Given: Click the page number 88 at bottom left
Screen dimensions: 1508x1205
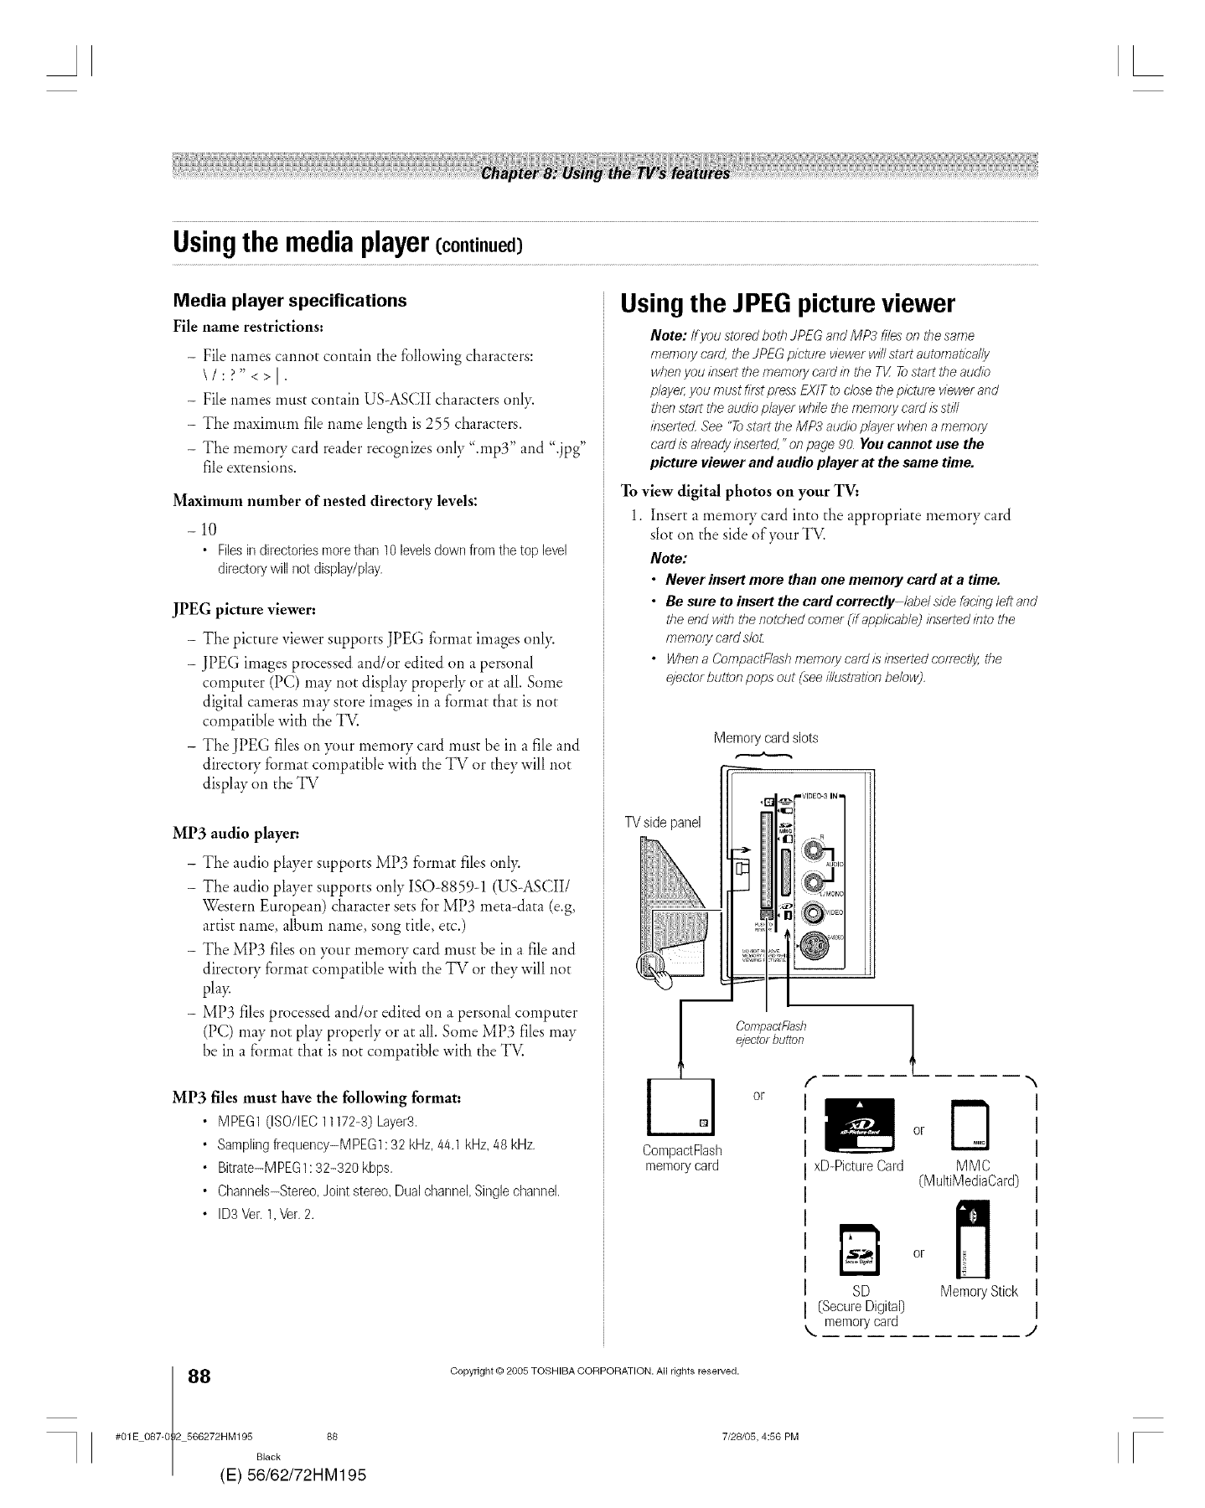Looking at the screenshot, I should tap(199, 1376).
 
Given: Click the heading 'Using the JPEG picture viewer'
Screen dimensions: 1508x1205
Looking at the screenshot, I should tap(787, 302).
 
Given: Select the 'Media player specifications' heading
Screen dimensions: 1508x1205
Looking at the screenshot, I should tap(289, 300).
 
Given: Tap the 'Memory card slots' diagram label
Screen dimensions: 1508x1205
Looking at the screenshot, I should tap(765, 738).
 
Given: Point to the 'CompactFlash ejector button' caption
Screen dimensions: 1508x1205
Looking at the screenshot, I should tap(769, 1033).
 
